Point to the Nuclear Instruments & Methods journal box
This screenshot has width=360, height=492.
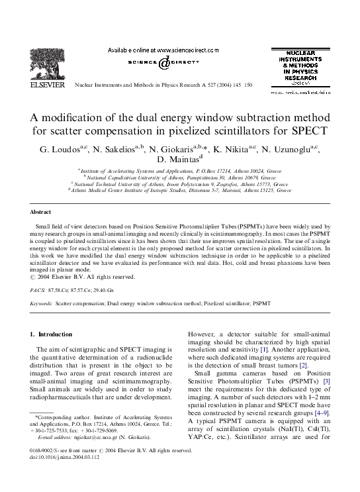(x=301, y=70)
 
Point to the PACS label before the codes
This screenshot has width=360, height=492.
(x=38, y=290)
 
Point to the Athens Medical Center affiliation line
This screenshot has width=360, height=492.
(x=180, y=190)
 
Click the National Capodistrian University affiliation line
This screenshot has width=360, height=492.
(x=181, y=177)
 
